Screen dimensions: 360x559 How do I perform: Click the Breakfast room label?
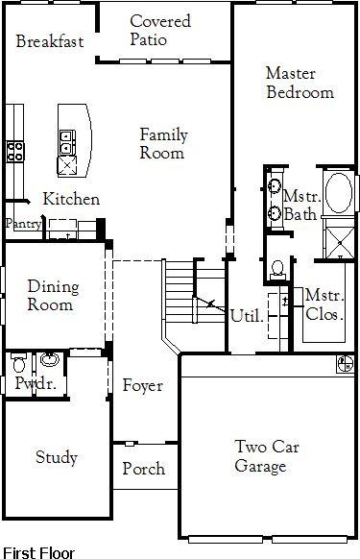pyautogui.click(x=50, y=41)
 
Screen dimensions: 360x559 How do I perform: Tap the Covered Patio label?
pyautogui.click(x=160, y=31)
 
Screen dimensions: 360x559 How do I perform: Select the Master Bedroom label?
pyautogui.click(x=300, y=83)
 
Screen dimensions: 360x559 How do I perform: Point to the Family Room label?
pyautogui.click(x=163, y=144)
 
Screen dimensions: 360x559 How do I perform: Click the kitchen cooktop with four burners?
pyautogui.click(x=15, y=152)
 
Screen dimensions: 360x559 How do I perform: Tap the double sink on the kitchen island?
pyautogui.click(x=67, y=142)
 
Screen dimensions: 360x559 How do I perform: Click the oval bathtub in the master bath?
pyautogui.click(x=339, y=193)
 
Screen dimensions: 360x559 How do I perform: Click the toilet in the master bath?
pyautogui.click(x=277, y=270)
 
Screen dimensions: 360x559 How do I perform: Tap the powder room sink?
pyautogui.click(x=50, y=359)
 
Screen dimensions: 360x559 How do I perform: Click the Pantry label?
pyautogui.click(x=23, y=224)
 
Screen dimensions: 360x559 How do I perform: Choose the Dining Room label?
pyautogui.click(x=53, y=295)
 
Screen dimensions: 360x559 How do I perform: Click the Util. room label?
pyautogui.click(x=247, y=316)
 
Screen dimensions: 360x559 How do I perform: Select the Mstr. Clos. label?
pyautogui.click(x=324, y=304)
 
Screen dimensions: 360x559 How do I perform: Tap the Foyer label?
pyautogui.click(x=143, y=385)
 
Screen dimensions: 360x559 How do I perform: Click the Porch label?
pyautogui.click(x=144, y=469)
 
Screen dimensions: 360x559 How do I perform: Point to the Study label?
pyautogui.click(x=57, y=458)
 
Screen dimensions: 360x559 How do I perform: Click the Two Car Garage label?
pyautogui.click(x=267, y=456)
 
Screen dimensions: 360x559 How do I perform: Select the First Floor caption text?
pyautogui.click(x=38, y=552)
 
